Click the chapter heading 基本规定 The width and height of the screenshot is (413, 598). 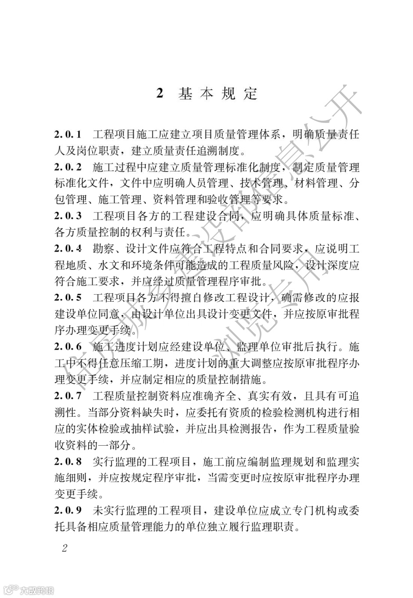point(218,94)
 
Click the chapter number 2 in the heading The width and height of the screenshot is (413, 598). point(160,94)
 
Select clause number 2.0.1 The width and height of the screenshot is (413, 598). point(68,134)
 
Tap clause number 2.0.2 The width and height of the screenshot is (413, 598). point(68,167)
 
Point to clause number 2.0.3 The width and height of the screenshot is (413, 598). point(68,216)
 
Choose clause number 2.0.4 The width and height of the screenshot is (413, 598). point(68,249)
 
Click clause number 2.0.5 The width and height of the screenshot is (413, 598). point(68,298)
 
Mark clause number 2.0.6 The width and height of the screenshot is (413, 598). point(68,347)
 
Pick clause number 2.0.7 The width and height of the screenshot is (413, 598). point(68,396)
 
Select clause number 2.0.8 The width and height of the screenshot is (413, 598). point(68,461)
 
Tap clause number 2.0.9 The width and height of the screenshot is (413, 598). point(68,511)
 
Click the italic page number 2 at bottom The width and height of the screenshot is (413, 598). point(65,548)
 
